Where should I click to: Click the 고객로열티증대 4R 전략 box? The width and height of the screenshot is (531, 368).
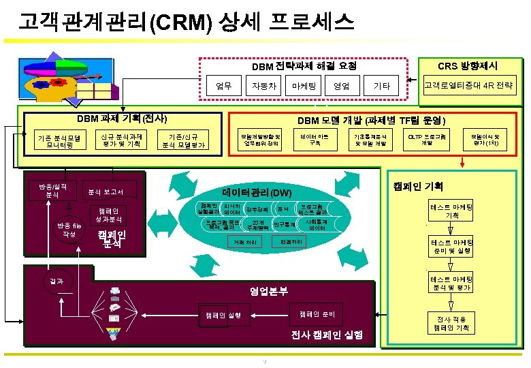click(x=469, y=86)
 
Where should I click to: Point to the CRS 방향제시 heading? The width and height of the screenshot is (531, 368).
click(x=467, y=66)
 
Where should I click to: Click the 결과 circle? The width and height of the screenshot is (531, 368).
click(x=56, y=281)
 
